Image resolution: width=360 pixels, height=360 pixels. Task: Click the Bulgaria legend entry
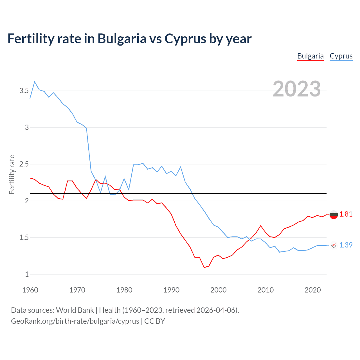[x=310, y=56]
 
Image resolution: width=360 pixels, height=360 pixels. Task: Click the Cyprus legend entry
[x=341, y=56]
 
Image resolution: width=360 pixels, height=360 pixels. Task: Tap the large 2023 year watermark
[x=296, y=89]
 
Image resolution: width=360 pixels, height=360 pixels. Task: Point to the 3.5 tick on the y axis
[x=24, y=91]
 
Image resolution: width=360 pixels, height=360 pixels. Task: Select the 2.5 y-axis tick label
[x=24, y=164]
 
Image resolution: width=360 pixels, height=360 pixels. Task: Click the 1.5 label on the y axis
[x=24, y=238]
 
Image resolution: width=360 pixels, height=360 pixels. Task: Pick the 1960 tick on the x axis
[x=30, y=290]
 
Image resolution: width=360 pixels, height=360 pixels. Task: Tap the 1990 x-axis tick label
[x=171, y=290]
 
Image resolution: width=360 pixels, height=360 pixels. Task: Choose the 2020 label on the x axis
[x=312, y=290]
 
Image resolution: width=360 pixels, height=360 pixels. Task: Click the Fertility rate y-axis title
[x=12, y=174]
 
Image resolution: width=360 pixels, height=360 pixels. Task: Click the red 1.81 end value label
[x=346, y=214]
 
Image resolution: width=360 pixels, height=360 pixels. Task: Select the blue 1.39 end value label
[x=346, y=245]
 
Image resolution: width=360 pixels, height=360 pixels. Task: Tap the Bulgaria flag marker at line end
[x=334, y=215]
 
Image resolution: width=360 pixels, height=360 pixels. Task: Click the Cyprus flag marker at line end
[x=334, y=245]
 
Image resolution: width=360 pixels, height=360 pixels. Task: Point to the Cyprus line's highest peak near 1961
[x=35, y=82]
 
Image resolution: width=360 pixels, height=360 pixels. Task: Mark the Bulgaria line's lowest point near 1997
[x=204, y=267]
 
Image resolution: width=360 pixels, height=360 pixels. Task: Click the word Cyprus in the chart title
[x=185, y=39]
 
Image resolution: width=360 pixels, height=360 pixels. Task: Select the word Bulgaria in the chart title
[x=122, y=39]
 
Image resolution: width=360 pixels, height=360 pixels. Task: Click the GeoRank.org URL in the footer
[x=75, y=321]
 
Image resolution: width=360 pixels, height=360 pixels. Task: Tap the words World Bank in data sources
[x=75, y=310]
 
